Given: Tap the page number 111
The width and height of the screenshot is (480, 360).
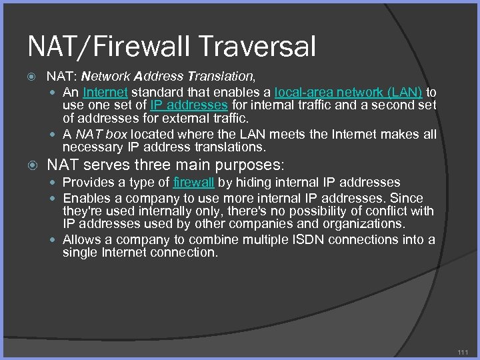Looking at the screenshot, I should (x=463, y=351).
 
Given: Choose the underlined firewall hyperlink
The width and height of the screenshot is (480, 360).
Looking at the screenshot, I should (x=193, y=182).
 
